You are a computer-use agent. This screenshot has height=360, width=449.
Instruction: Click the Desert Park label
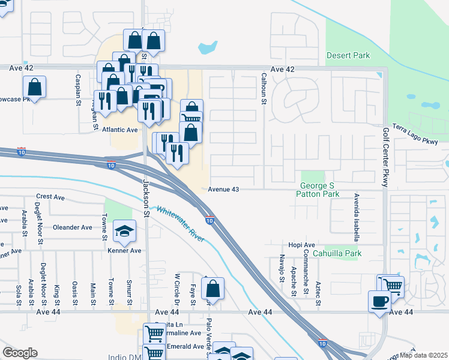coord(348,56)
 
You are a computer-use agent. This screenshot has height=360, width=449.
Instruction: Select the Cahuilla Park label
coord(343,254)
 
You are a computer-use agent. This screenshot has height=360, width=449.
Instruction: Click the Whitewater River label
coord(180,224)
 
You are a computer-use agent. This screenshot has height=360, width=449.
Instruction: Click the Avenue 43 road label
coord(224,190)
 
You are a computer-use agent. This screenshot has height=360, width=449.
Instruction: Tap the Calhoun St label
coord(263,89)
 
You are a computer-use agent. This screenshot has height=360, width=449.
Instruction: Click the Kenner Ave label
coord(125,251)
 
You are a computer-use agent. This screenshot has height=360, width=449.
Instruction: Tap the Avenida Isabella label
coord(356,217)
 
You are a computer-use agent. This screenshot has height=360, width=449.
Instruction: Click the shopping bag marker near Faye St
coord(212,289)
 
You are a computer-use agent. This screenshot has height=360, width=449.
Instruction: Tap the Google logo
coord(20,352)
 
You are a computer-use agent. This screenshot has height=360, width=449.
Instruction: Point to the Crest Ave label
coord(50,197)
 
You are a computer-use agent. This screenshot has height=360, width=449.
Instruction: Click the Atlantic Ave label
coord(119,130)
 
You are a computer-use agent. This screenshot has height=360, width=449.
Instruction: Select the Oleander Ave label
coord(73,227)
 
